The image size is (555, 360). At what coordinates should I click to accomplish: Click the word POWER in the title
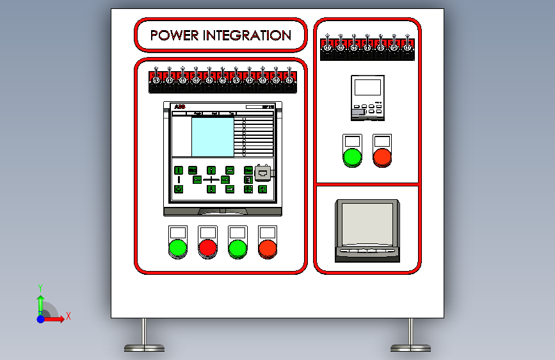click(174, 35)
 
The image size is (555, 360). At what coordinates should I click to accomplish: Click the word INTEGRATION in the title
click(247, 35)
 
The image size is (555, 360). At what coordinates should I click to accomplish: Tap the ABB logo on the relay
click(179, 106)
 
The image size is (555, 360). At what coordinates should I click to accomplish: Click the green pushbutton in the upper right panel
click(352, 156)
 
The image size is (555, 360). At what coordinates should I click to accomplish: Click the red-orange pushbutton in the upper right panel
click(382, 156)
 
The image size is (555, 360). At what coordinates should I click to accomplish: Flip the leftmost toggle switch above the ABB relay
click(156, 79)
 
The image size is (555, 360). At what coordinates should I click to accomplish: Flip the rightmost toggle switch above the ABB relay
click(289, 79)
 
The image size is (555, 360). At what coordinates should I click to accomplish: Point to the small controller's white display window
click(367, 88)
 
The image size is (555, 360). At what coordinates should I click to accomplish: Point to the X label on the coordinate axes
click(68, 316)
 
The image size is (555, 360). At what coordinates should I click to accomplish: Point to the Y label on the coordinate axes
click(40, 288)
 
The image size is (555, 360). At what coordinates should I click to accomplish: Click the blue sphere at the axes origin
click(40, 318)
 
